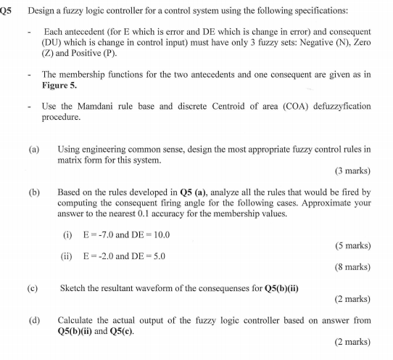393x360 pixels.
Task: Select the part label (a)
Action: (x=34, y=148)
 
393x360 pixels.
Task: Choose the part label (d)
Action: (x=34, y=319)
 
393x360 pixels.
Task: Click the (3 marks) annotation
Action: (x=352, y=171)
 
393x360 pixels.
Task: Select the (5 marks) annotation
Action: (x=352, y=246)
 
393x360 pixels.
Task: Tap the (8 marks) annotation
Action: (x=352, y=266)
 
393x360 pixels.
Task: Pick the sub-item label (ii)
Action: (x=67, y=255)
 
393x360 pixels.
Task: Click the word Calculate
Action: (x=77, y=319)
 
